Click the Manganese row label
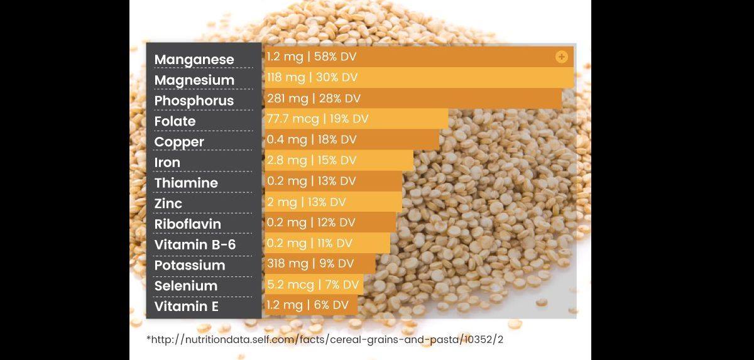[194, 60]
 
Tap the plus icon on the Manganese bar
[562, 57]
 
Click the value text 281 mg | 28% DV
[314, 99]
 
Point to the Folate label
[175, 121]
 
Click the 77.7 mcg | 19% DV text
[318, 119]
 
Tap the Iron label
[167, 163]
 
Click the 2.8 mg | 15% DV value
[312, 160]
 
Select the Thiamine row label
[186, 183]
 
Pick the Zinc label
[168, 204]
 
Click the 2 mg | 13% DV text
[307, 202]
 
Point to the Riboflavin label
[188, 224]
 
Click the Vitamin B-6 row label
[195, 244]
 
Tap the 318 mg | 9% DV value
[310, 263]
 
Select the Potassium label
[190, 266]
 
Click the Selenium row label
[186, 286]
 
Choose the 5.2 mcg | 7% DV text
[313, 285]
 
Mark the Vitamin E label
[187, 307]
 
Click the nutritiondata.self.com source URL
[325, 339]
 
